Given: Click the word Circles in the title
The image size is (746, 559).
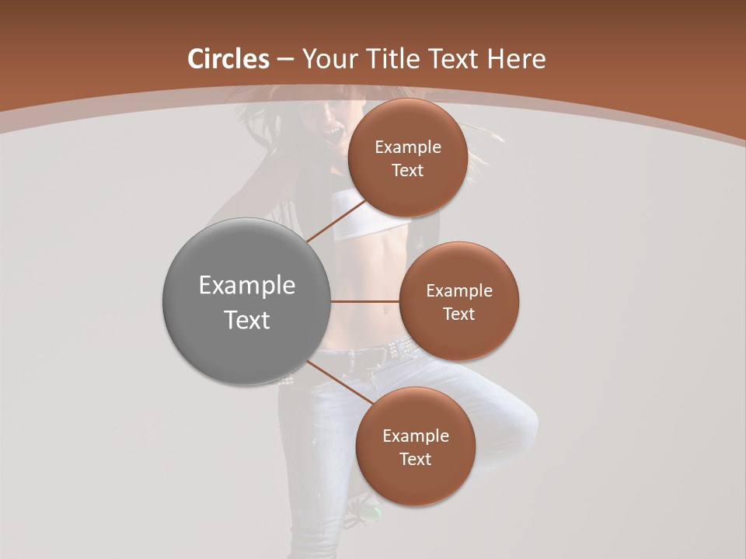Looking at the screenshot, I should tap(228, 59).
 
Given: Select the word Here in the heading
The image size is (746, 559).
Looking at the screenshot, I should tap(516, 59).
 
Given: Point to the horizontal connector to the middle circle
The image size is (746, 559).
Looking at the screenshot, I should tap(364, 301).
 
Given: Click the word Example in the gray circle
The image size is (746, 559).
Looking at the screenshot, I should tap(246, 286).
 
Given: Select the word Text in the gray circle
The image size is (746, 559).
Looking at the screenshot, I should tap(246, 320).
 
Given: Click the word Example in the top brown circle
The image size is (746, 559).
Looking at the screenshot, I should tap(407, 148).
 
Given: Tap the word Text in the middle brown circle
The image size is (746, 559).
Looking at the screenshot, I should tap(458, 314).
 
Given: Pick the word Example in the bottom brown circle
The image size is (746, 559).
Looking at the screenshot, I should tap(415, 436).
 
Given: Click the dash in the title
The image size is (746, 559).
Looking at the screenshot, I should tap(284, 60).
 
